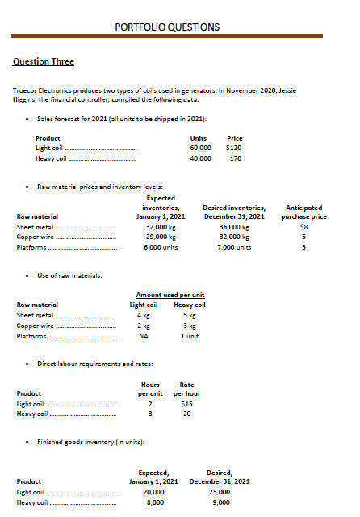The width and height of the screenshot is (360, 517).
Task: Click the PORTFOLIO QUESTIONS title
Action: [167, 27]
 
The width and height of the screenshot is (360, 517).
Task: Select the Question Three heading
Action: [44, 62]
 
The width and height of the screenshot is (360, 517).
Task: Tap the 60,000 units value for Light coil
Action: [200, 148]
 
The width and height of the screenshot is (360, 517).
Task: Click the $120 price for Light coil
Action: [235, 148]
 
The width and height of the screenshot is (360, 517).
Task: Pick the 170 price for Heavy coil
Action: [236, 158]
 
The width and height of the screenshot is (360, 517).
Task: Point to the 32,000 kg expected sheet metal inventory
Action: [164, 227]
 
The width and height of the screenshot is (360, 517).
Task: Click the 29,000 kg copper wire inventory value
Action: [164, 237]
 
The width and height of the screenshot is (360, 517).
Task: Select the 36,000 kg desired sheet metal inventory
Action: [234, 227]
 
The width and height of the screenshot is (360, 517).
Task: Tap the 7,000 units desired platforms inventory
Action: [234, 247]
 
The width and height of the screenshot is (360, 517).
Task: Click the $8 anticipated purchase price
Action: [303, 227]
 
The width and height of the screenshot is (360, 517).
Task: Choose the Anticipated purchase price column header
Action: [303, 212]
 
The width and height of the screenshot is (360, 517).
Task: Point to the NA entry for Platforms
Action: [143, 336]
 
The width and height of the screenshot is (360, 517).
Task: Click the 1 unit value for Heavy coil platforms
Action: [190, 336]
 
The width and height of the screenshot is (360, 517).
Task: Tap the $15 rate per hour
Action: [186, 403]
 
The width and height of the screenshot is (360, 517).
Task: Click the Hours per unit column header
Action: [150, 388]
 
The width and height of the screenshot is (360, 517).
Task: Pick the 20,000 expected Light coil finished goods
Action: [153, 492]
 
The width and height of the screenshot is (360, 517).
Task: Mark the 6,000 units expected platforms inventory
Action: [164, 247]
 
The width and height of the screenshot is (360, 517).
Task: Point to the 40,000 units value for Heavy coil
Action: [200, 158]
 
